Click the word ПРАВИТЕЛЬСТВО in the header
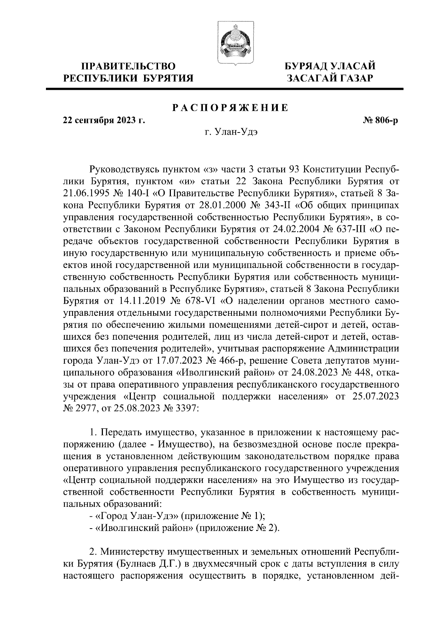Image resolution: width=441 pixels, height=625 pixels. coord(128,67)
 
